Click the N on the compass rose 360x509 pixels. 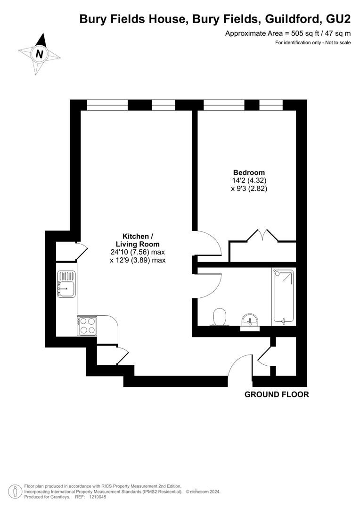40,54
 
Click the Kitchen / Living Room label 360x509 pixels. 138,240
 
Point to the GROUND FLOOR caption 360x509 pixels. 277,394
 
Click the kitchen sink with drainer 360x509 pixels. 66,284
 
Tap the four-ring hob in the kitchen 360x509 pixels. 87,326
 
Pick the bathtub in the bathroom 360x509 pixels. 283,297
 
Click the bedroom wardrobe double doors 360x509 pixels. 262,235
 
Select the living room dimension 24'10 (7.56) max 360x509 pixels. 138,252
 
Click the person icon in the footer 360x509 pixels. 15,492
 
